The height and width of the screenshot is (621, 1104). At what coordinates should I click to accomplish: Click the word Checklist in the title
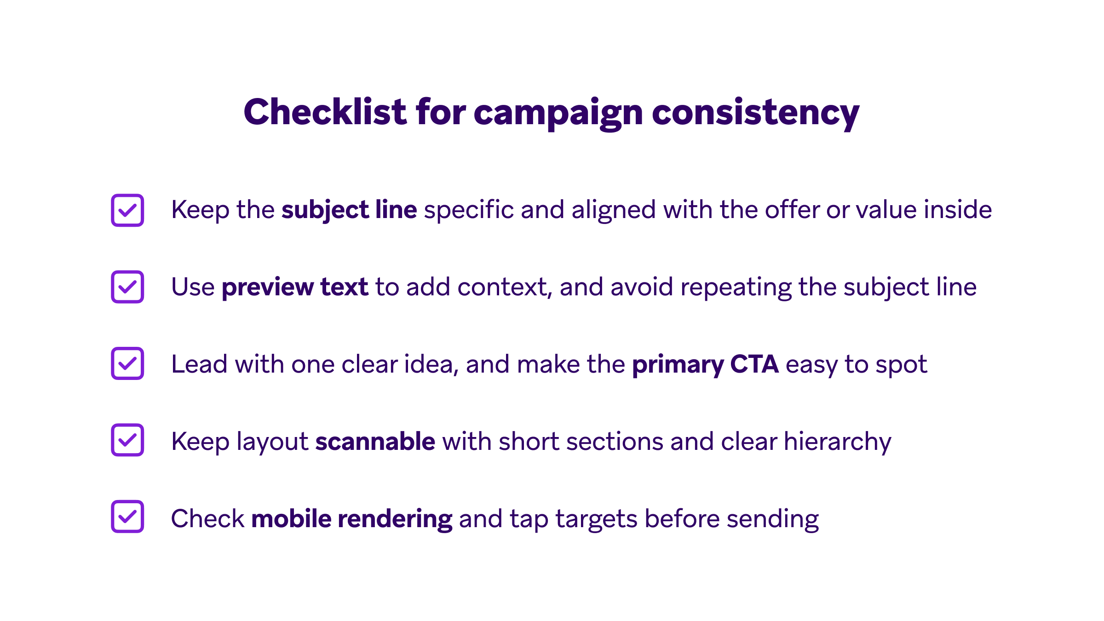tap(325, 112)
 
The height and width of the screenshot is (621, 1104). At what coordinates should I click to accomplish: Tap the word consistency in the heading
tap(755, 112)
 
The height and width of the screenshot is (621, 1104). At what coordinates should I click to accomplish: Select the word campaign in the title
tap(558, 113)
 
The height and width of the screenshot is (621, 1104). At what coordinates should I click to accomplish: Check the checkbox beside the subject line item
tap(127, 210)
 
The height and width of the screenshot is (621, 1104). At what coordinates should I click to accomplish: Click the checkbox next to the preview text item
tap(127, 287)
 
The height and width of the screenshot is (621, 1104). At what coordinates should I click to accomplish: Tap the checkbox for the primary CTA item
tap(127, 363)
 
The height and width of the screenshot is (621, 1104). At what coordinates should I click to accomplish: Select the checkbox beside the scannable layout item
tap(127, 440)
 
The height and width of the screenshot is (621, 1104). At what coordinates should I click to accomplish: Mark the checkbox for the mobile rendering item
tap(127, 517)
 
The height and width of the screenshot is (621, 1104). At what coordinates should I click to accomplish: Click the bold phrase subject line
tap(349, 210)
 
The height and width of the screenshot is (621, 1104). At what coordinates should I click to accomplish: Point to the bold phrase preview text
tap(295, 287)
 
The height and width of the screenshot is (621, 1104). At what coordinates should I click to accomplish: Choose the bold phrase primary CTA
tap(705, 364)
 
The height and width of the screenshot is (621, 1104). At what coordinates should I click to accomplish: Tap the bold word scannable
tap(375, 441)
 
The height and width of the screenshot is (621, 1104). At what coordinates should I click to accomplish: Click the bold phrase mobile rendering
tap(352, 518)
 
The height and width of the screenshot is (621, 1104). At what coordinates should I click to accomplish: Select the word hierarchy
tap(837, 442)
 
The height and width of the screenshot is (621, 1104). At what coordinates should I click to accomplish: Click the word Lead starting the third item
tap(199, 364)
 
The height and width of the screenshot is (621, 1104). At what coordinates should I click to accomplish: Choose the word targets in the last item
tap(596, 519)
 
